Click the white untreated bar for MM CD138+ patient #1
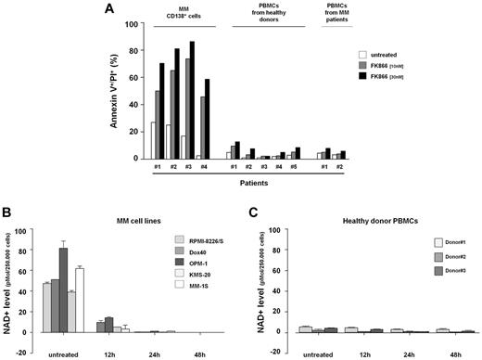pos(154,139)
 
